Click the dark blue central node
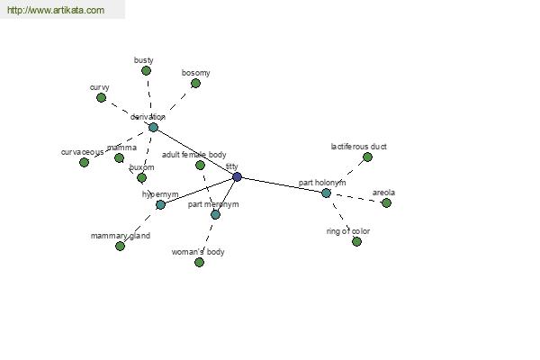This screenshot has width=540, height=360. [x=237, y=177]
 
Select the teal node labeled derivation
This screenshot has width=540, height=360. [x=153, y=128]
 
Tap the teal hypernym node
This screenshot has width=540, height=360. [x=160, y=205]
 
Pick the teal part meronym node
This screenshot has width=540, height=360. [x=215, y=215]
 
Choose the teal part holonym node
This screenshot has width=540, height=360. [x=326, y=193]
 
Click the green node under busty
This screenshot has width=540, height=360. [x=146, y=71]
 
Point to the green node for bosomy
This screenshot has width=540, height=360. [x=195, y=84]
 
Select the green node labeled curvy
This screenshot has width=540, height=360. [x=101, y=98]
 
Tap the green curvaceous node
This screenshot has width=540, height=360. [x=84, y=163]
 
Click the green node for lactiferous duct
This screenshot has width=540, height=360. [x=367, y=157]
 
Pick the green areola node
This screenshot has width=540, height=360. [x=386, y=203]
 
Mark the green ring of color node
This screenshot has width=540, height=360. [x=356, y=242]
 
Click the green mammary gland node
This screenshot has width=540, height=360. [x=120, y=247]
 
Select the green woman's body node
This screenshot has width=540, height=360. [x=199, y=263]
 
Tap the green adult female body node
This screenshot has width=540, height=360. [x=200, y=166]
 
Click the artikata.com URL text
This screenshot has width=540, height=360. [x=56, y=10]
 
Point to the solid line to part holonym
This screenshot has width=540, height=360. [x=282, y=185]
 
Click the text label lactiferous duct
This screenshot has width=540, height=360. [x=358, y=147]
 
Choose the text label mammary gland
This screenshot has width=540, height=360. [x=121, y=236]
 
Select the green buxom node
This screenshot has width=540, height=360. [x=141, y=178]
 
